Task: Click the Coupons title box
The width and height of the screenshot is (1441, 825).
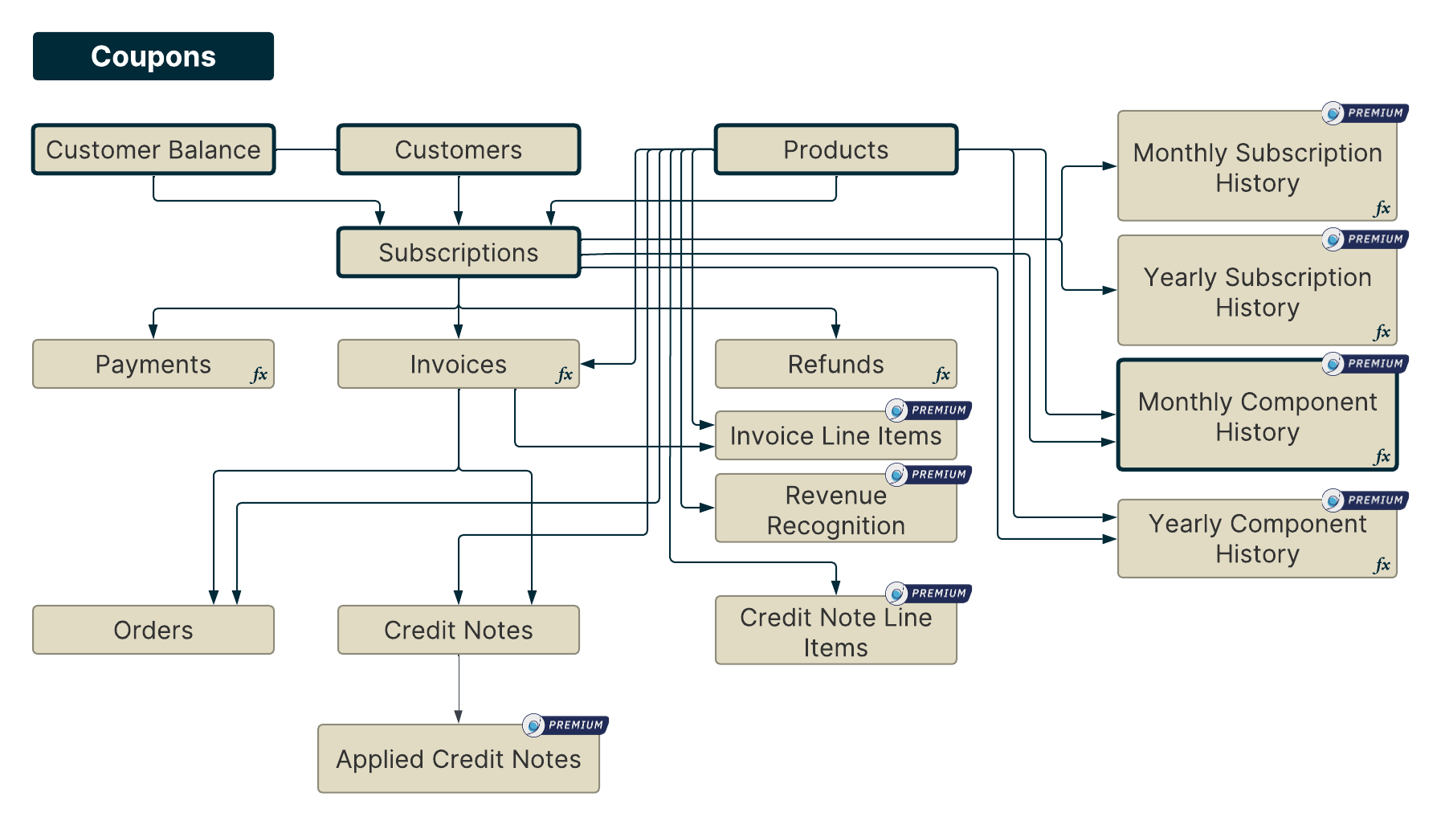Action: pos(153,56)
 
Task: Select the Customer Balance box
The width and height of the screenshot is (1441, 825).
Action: pos(153,149)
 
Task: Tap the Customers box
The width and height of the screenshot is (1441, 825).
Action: pos(458,149)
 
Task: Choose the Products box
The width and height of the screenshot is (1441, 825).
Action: pos(835,149)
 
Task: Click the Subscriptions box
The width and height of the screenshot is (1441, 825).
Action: pos(458,252)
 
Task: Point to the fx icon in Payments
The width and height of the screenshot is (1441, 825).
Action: pos(259,374)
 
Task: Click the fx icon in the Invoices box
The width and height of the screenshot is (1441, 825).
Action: pos(565,374)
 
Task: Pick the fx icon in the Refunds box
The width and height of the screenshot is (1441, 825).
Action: pos(941,374)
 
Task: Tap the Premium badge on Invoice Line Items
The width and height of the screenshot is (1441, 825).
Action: pos(929,410)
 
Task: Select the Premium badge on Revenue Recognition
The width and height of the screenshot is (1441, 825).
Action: pos(929,474)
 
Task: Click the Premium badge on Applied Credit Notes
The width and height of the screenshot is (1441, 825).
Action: pos(565,725)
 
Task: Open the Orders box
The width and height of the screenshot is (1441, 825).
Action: pos(153,630)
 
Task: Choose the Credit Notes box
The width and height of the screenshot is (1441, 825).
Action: pos(458,630)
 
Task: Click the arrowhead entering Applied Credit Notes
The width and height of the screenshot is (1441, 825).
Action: pos(458,717)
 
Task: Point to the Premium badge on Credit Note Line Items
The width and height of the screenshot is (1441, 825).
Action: pos(929,593)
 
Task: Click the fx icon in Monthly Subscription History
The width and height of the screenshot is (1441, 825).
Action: pos(1382,208)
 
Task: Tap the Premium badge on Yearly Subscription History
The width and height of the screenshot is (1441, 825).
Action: pos(1365,239)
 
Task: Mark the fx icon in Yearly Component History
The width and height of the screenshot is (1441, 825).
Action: pos(1382,565)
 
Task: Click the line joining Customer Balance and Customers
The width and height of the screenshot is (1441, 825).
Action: pos(306,149)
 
